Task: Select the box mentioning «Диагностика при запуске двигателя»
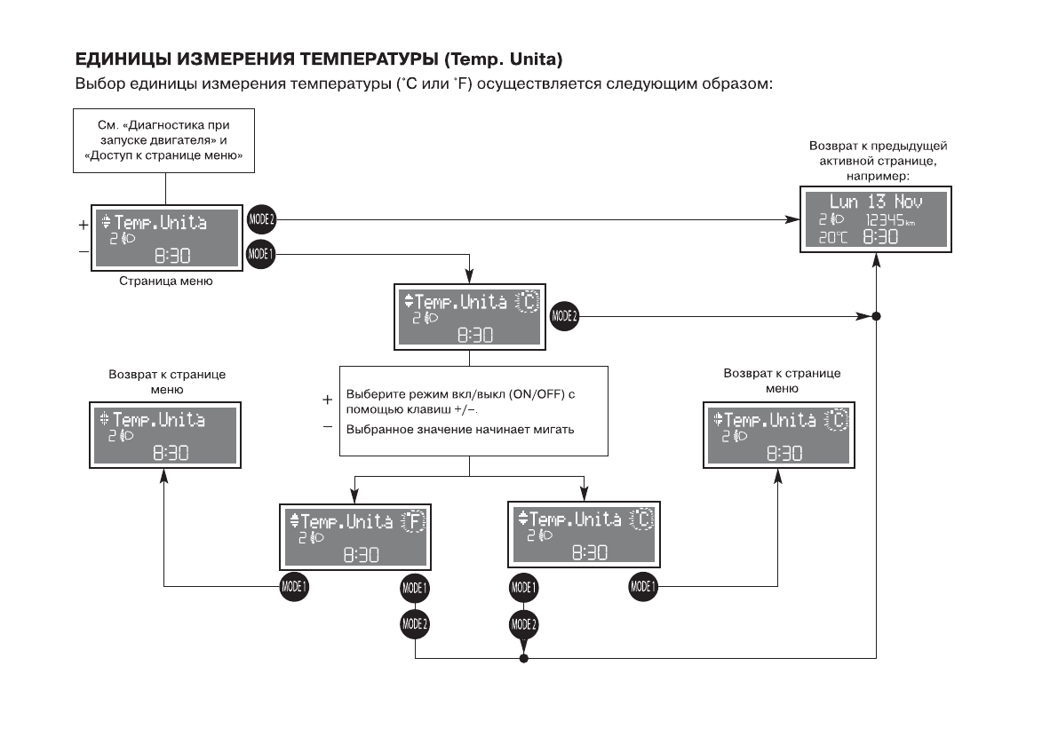pos(164,140)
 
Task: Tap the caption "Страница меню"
pos(166,281)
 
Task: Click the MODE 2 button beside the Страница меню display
pos(262,218)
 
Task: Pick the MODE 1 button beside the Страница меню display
pos(262,254)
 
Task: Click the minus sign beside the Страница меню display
pos(84,252)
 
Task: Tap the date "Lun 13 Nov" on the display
pos(876,202)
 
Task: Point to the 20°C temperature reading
pos(833,238)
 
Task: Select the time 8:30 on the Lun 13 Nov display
pos(880,238)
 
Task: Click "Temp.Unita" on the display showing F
pos(346,521)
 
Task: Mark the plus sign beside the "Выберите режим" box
pos(327,400)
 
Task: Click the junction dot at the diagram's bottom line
pos(523,659)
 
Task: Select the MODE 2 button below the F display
pos(415,623)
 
